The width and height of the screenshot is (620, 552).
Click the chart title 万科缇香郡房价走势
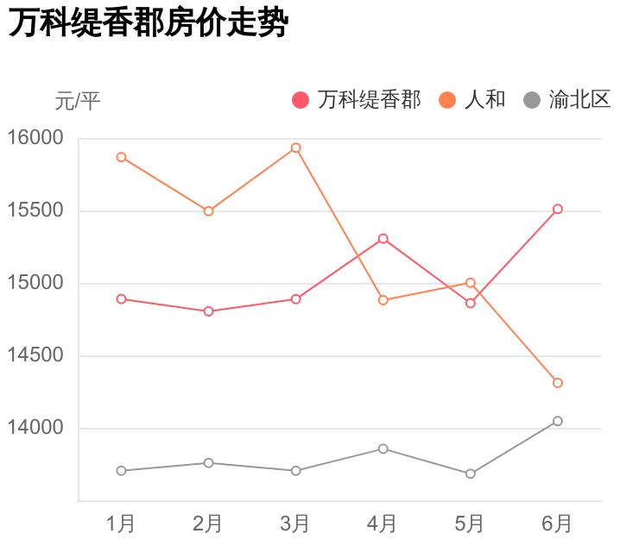point(147,24)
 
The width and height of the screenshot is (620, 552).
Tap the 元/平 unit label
point(78,101)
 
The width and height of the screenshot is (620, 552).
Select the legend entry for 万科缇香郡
point(357,100)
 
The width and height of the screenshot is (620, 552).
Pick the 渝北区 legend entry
point(567,100)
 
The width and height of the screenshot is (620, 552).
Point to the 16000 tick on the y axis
point(35,138)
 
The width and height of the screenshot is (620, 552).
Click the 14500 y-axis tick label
point(35,355)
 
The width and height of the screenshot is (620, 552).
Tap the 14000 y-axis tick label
point(35,428)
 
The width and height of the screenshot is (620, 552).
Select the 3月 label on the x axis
point(295,523)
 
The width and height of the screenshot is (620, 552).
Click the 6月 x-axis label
point(557,523)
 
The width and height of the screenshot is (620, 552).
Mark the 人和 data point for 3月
point(295,147)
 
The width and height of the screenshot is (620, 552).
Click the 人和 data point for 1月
point(121,157)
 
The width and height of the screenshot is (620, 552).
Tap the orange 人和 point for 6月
point(557,383)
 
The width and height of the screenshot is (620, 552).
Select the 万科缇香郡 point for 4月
point(383,238)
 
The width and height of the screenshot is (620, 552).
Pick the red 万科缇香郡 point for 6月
point(557,209)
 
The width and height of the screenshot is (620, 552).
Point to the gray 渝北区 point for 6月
point(557,421)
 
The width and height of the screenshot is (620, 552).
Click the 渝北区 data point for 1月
point(121,471)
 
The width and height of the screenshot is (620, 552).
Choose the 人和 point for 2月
point(208,211)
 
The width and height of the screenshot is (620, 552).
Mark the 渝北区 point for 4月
point(383,448)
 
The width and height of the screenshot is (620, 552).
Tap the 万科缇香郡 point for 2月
point(208,311)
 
